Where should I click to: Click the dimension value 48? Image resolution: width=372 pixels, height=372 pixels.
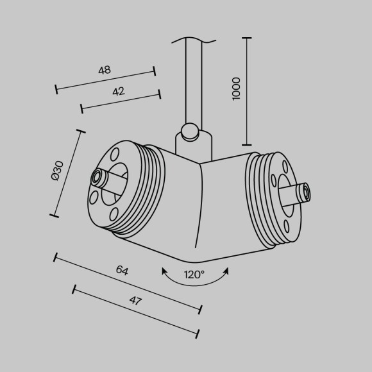click(105, 71)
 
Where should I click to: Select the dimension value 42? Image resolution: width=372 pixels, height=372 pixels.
click(119, 92)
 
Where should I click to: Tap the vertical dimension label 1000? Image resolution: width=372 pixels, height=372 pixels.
click(236, 88)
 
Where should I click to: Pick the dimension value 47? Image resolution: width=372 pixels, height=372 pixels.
click(135, 301)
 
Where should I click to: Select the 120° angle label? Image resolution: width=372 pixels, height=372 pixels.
click(195, 275)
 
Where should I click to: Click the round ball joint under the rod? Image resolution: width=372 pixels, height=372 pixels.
click(189, 132)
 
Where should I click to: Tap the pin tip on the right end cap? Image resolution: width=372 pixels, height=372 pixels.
click(306, 190)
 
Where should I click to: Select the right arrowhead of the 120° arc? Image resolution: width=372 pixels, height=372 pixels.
click(227, 271)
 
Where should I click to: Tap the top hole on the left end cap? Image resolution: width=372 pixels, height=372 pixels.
click(115, 154)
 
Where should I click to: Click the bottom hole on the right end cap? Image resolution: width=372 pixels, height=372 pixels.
click(282, 221)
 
